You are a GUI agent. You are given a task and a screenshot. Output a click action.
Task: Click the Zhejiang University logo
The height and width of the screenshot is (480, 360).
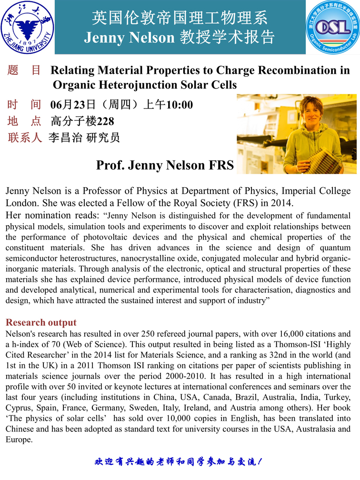pyautogui.click(x=28, y=27)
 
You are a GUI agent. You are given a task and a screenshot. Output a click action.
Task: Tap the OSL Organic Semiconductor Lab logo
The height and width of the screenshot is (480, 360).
pyautogui.click(x=332, y=27)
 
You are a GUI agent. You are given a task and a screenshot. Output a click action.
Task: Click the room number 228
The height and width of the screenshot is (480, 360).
pyautogui.click(x=105, y=121)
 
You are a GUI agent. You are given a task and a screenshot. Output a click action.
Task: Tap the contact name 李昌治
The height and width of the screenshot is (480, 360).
pyautogui.click(x=63, y=138)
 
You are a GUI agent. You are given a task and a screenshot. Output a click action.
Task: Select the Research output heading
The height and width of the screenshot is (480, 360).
pyautogui.click(x=41, y=322)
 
